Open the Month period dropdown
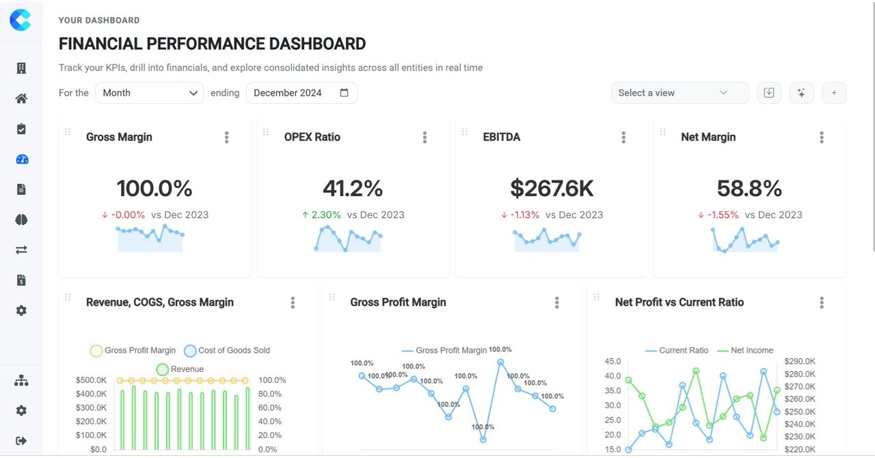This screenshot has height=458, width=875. tap(149, 93)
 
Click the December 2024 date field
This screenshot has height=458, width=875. tap(301, 93)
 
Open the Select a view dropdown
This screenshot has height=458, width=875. tap(679, 93)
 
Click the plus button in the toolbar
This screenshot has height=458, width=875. tap(834, 93)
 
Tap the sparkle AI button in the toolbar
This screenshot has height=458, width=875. tap(801, 93)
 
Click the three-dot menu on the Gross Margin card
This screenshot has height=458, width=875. tap(227, 137)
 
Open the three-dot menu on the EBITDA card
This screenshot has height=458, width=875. tap(623, 137)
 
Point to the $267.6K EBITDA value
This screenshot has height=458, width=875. tap(552, 188)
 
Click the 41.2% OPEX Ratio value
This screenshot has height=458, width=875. tap(353, 188)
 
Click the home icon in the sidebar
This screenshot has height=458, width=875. tap(21, 98)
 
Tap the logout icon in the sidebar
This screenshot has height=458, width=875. tap(21, 441)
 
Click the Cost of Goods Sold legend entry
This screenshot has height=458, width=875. tap(227, 351)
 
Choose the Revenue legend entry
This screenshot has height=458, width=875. tap(180, 370)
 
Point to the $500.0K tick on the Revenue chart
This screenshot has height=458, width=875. tap(91, 380)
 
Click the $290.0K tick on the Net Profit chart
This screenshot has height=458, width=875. tap(800, 361)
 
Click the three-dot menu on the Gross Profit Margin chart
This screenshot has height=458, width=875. tap(557, 303)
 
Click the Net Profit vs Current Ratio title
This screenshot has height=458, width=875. tap(679, 302)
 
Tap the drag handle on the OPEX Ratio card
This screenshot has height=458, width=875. tap(266, 132)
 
